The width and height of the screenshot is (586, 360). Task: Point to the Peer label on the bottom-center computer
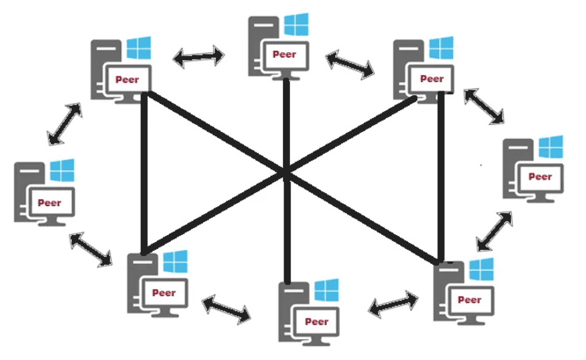coord(316,320)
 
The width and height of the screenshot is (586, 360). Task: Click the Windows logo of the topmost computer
coord(296,24)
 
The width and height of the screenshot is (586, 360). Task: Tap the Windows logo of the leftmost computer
coord(61,171)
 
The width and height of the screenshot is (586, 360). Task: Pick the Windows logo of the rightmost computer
coord(550,146)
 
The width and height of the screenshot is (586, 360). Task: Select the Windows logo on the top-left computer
coord(138,48)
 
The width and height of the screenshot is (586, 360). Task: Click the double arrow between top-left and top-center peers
coord(199,55)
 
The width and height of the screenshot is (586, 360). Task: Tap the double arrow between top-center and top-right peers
coord(349,64)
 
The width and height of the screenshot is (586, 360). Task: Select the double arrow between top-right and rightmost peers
coord(484,105)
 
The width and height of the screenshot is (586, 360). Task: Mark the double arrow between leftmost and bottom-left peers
coord(91,249)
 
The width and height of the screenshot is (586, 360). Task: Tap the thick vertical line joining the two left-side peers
coord(145,172)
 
